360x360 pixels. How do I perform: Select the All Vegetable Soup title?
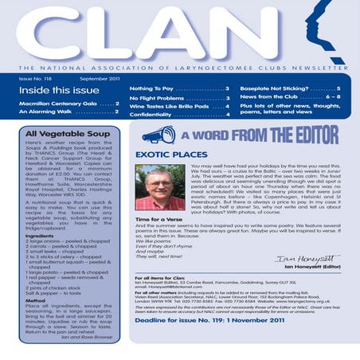[x=64, y=134]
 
